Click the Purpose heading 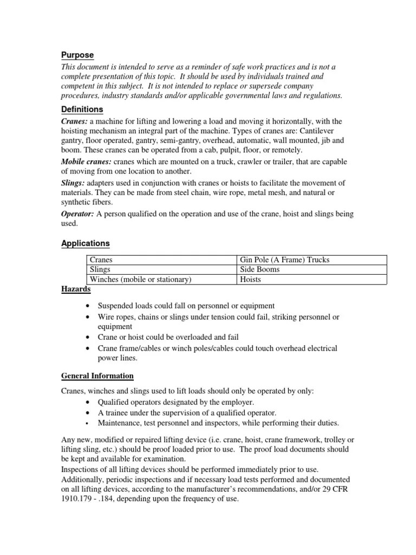[x=77, y=55]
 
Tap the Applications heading [x=85, y=243]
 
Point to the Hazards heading [x=75, y=290]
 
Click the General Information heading [x=97, y=376]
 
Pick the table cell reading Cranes [x=101, y=260]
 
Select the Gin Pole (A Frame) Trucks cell [x=285, y=260]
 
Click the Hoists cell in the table [x=251, y=280]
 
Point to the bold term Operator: [x=77, y=214]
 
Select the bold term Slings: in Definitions [x=72, y=183]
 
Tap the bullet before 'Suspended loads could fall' [x=88, y=306]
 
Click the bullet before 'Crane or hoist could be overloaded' [x=88, y=337]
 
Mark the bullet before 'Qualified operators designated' [x=88, y=402]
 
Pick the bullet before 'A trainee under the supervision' [x=88, y=412]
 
